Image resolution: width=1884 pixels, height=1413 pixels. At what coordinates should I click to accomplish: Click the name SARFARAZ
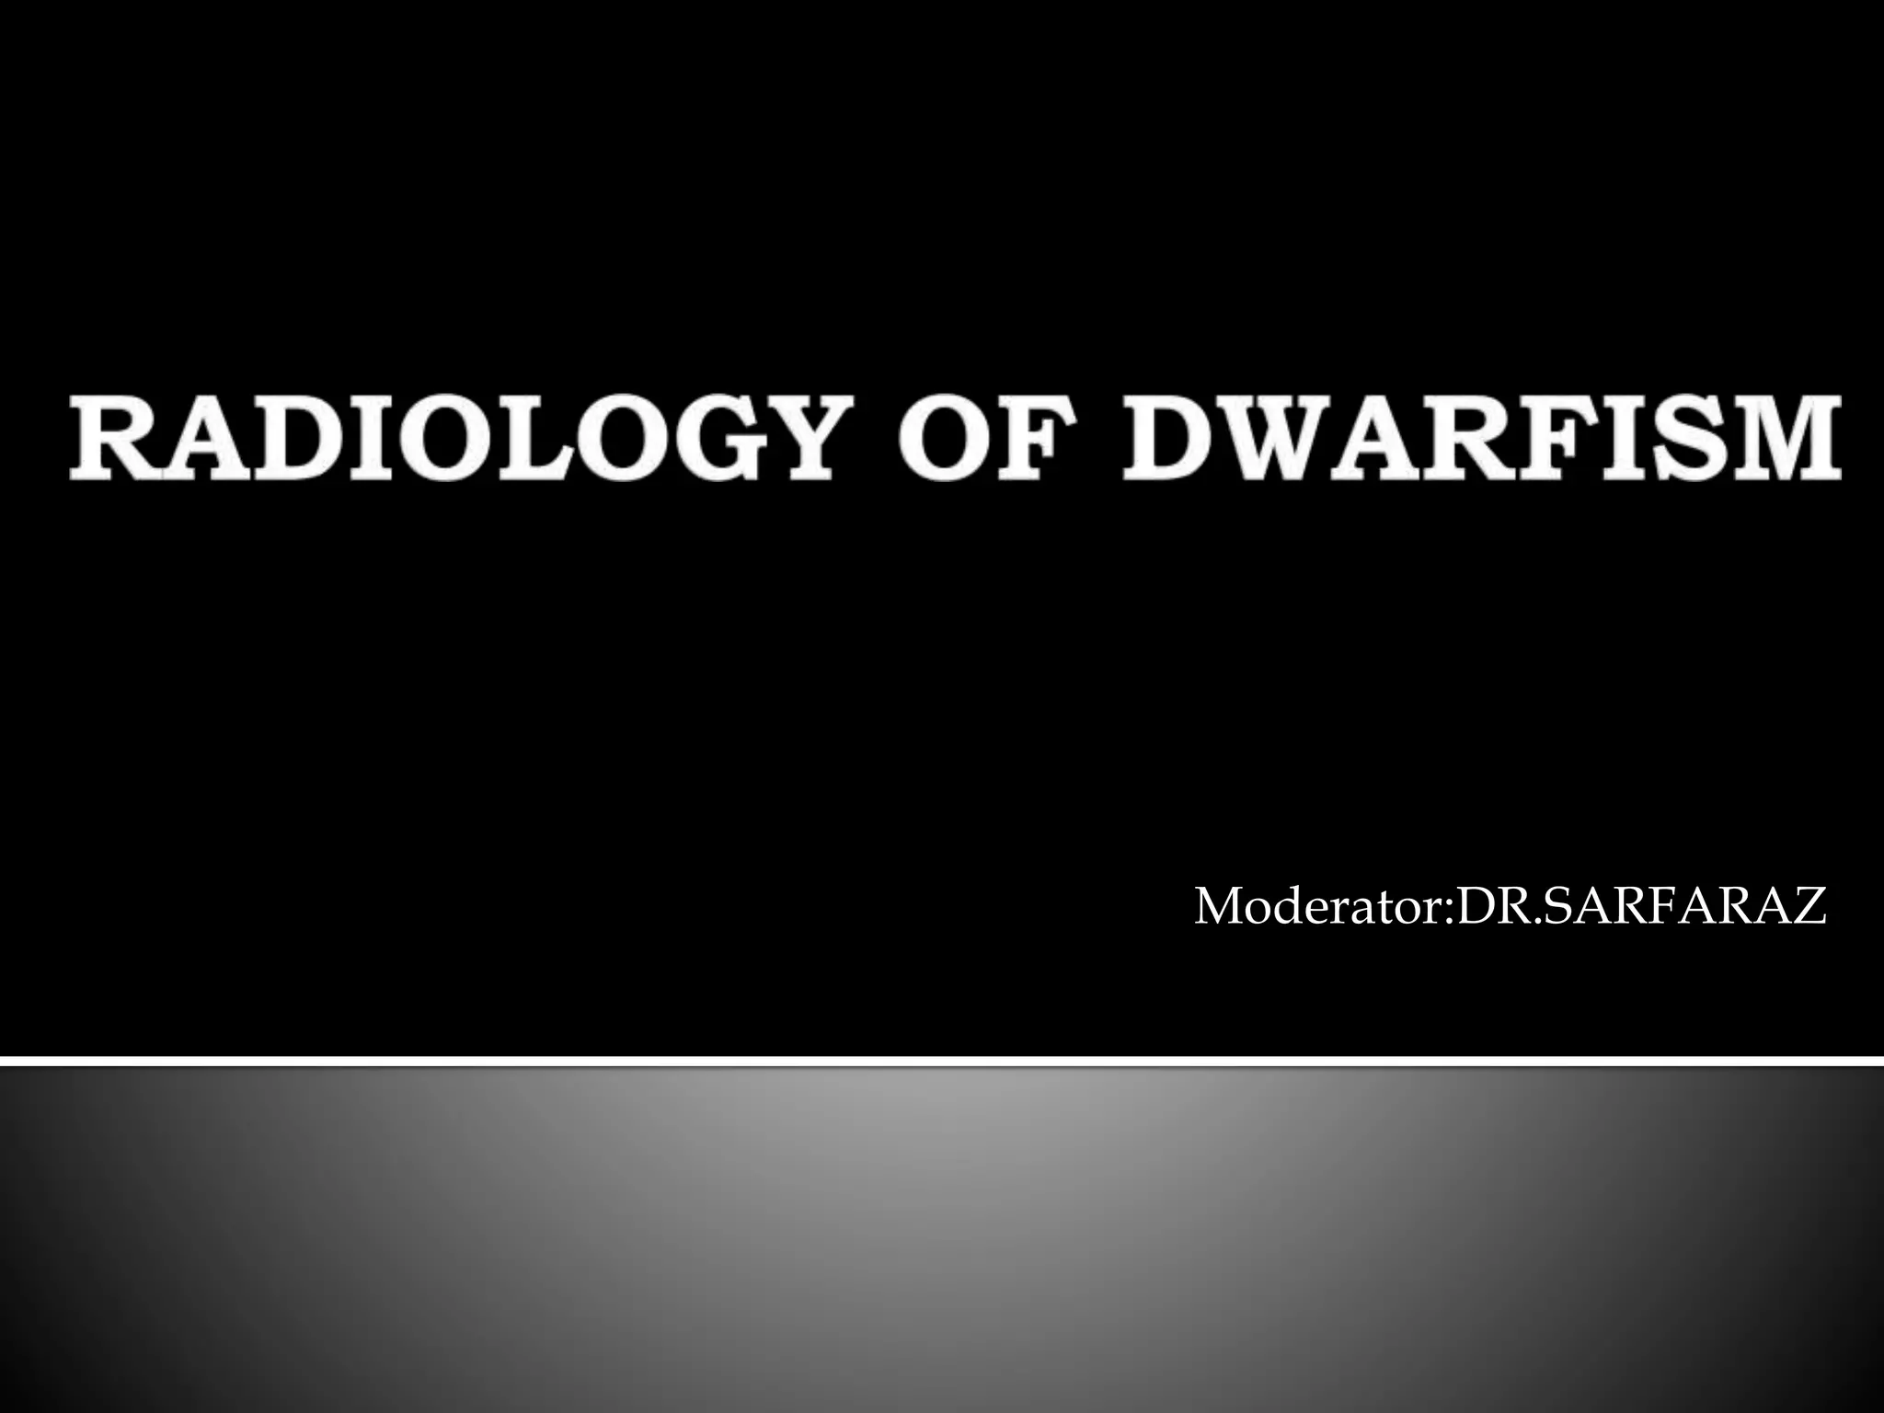click(x=1674, y=907)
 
